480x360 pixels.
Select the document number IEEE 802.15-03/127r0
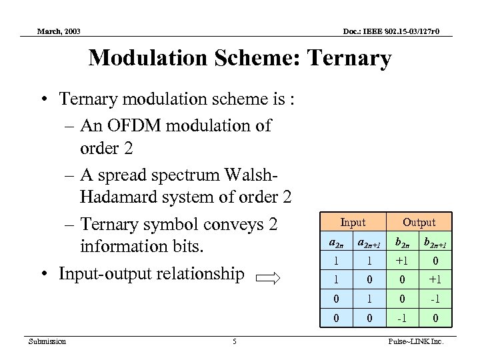401,31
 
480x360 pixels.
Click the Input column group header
353,222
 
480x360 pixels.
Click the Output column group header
419,222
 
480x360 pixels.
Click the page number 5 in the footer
235,342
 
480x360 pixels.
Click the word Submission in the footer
47,342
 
